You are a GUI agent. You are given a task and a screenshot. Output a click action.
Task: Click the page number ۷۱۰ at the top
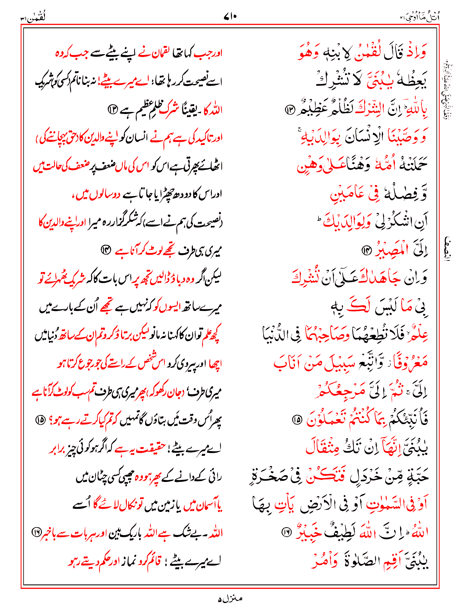pyautogui.click(x=230, y=17)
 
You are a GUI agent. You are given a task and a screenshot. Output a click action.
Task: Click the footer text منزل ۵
pyautogui.click(x=230, y=599)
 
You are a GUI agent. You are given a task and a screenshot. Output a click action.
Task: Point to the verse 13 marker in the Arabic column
pyautogui.click(x=290, y=110)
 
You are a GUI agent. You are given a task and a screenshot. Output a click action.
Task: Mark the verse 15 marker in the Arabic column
pyautogui.click(x=297, y=420)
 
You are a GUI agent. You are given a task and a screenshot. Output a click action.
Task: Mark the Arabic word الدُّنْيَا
pyautogui.click(x=274, y=335)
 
